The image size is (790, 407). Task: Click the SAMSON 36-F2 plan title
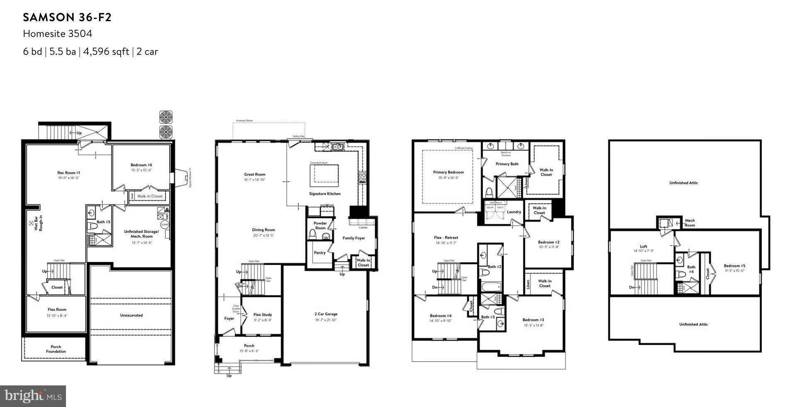pos(67,17)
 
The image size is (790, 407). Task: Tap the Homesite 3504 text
pos(57,34)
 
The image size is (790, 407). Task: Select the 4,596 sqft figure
pos(106,51)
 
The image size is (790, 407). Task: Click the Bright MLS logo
pos(33,396)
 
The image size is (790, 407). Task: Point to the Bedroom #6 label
pos(141,165)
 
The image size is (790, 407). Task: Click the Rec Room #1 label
pos(68,173)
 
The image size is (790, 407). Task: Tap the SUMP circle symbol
pos(165,225)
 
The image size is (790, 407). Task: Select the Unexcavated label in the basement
pos(132,315)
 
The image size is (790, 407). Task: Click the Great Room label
pos(255,174)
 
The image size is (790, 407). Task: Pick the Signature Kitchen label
pos(325,194)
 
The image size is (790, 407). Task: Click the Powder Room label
pos(320,226)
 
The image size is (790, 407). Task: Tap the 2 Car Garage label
pos(326,314)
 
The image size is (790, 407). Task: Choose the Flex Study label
pos(263,315)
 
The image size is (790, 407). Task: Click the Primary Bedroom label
pos(449,172)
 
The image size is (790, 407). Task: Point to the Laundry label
pos(514,212)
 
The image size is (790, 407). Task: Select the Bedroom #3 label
pos(533,320)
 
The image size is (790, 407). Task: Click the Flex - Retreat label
pos(446,238)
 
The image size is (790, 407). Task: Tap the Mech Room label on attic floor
pos(690,223)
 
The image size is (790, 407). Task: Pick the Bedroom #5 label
pos(734,266)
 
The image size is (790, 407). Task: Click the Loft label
pos(644,246)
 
